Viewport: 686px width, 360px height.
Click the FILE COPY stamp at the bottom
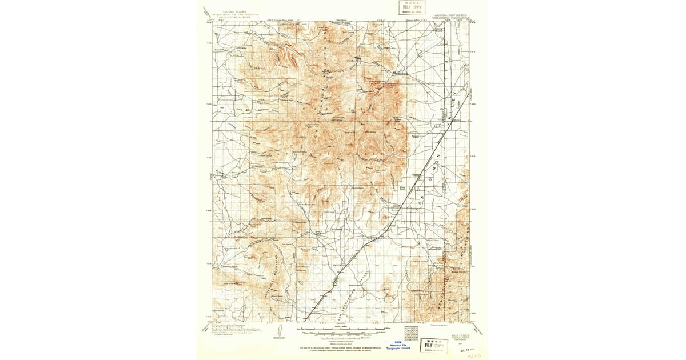click(434, 345)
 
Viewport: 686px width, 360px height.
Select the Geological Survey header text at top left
click(234, 14)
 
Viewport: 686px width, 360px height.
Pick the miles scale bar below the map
click(343, 329)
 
